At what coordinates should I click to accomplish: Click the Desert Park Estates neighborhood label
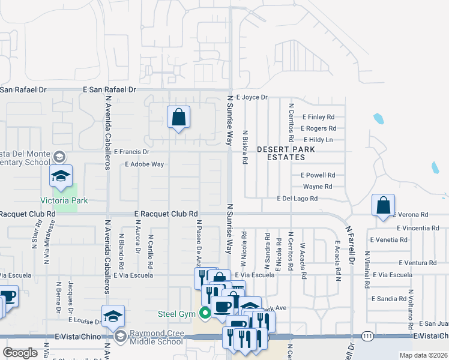coord(281,153)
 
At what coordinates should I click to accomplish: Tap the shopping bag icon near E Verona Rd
coord(383,206)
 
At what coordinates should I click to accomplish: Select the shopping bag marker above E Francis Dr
coord(179,118)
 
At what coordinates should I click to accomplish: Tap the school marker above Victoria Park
coord(61,176)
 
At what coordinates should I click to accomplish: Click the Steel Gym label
coord(177,313)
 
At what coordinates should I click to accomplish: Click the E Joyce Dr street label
coord(252,97)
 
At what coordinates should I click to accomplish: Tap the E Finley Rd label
coord(318,117)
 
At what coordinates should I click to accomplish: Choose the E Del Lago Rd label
coord(297,199)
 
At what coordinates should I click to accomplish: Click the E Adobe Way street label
coord(144,164)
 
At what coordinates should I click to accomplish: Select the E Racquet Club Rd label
coord(166,213)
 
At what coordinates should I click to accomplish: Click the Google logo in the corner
coord(20,353)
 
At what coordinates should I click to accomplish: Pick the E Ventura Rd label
coord(412,263)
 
